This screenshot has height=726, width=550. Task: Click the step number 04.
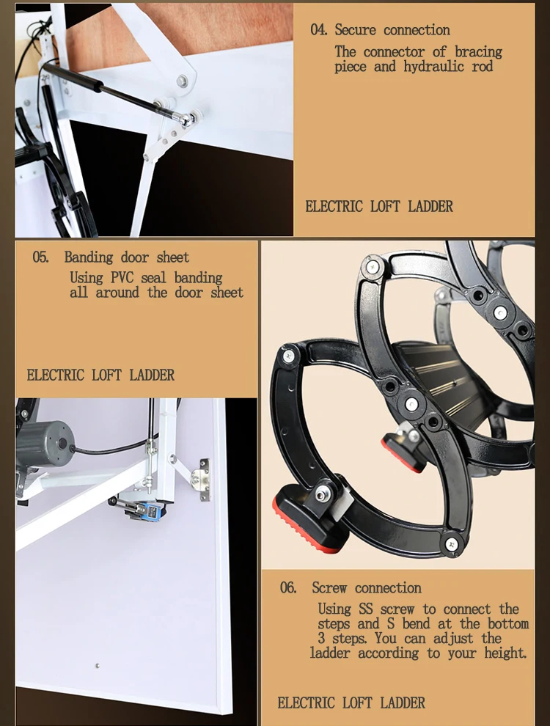(x=318, y=30)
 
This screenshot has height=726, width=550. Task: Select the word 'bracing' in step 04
(x=478, y=52)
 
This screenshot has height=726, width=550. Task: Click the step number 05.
(x=41, y=257)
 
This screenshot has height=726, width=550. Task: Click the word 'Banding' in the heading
(x=89, y=257)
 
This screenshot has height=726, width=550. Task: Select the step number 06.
(x=288, y=588)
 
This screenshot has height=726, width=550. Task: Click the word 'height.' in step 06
(x=505, y=653)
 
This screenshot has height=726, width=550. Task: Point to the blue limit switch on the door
(x=137, y=507)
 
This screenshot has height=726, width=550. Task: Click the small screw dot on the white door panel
(x=97, y=666)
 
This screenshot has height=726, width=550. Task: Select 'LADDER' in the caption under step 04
(x=429, y=207)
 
